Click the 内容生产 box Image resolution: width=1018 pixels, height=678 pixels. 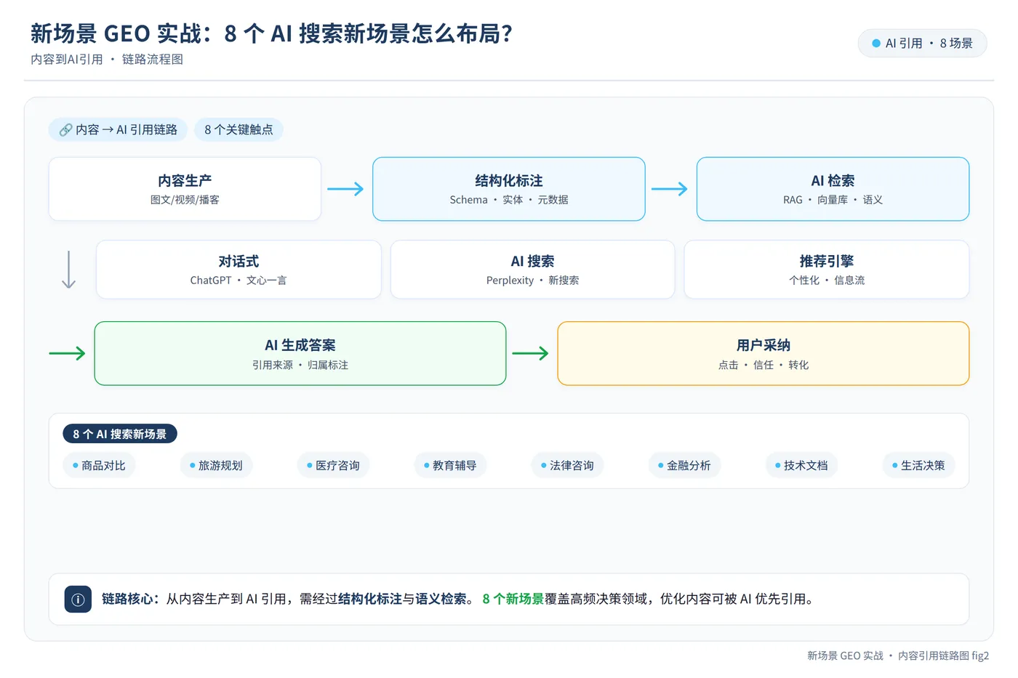tap(185, 189)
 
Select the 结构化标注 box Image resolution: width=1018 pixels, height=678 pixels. tap(508, 189)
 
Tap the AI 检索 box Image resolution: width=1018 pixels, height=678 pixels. tap(833, 189)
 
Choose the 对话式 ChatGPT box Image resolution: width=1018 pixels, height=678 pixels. tap(239, 270)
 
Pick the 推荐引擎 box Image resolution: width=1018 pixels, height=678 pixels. tap(827, 270)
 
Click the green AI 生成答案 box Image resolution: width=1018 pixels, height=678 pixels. tap(300, 353)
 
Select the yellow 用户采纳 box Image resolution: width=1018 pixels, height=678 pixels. tap(763, 353)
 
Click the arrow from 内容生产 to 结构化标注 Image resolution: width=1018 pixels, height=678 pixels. tap(345, 189)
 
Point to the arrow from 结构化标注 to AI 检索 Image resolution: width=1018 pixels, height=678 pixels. tap(670, 189)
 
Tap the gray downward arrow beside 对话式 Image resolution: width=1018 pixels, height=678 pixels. tap(68, 270)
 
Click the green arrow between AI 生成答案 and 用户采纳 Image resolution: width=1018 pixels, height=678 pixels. tap(530, 353)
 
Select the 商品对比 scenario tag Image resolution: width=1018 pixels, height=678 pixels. tap(99, 466)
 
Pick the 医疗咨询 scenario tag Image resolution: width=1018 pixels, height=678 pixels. tap(333, 466)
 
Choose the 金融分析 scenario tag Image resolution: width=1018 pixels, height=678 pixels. tap(684, 466)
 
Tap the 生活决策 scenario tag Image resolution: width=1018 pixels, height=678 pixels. tap(918, 466)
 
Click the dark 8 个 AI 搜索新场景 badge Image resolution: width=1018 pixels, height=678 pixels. tap(120, 434)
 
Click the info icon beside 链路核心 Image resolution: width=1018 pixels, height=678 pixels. tap(78, 600)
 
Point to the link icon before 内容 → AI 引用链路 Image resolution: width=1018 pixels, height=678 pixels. tap(65, 130)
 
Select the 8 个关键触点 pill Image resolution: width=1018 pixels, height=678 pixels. tap(239, 130)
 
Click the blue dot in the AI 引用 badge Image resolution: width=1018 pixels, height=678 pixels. tap(876, 43)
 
